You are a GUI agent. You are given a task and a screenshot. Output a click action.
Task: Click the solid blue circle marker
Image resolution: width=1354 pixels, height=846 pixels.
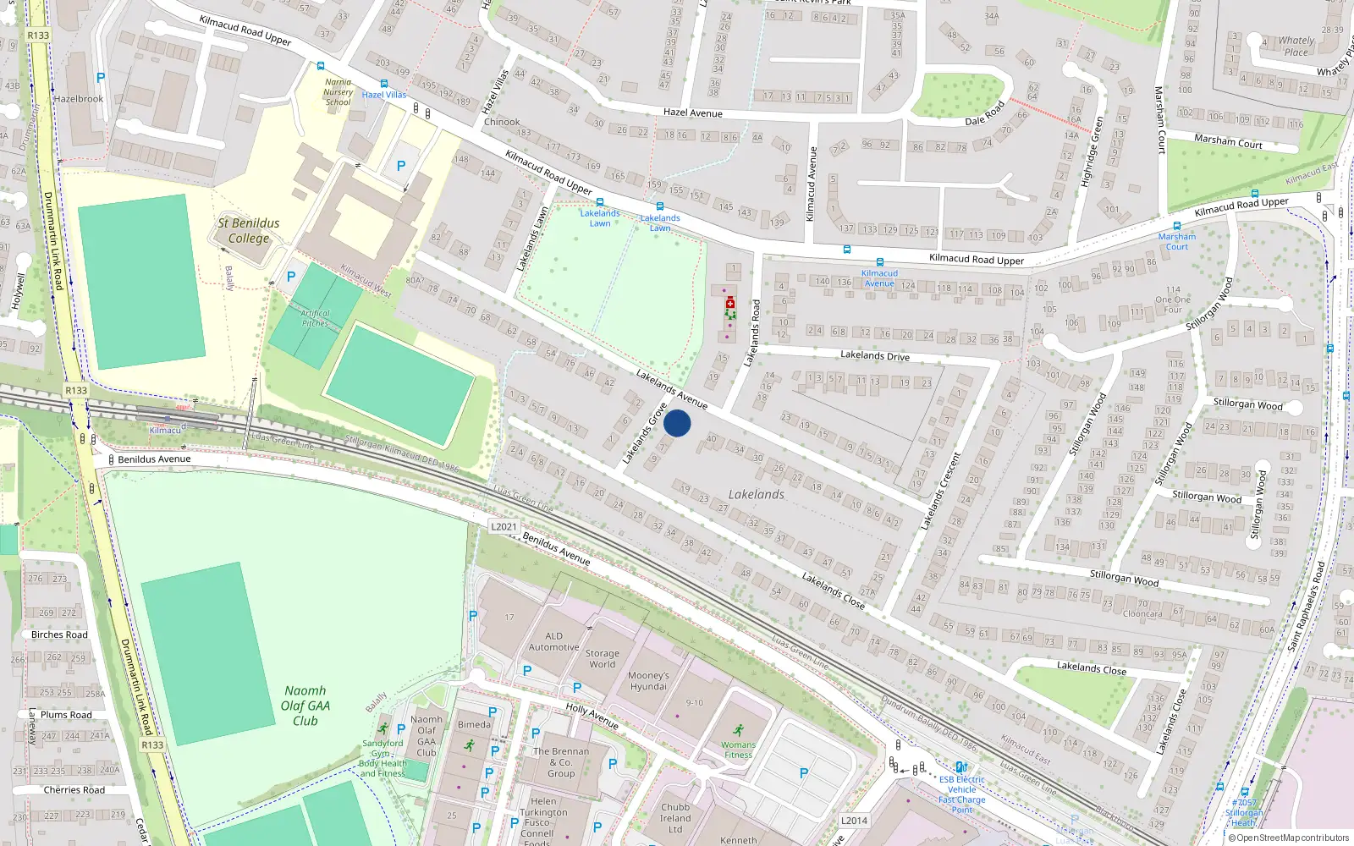(x=677, y=423)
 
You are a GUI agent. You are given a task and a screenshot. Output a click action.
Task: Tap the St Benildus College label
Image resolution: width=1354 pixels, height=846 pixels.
(x=248, y=230)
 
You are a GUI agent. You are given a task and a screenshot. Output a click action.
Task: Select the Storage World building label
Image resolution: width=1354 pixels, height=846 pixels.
(x=602, y=658)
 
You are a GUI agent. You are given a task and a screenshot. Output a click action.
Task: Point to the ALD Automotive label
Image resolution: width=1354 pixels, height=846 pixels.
(x=553, y=641)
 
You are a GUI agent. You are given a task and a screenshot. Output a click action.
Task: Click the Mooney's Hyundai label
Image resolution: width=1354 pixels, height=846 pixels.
(x=648, y=681)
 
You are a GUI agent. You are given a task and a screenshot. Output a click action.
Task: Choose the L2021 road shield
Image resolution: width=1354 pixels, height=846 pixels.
(x=504, y=526)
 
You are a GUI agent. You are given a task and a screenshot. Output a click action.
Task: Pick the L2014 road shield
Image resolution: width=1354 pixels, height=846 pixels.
(x=854, y=820)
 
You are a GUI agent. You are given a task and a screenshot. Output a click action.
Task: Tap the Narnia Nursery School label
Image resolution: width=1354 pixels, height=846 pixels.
(x=338, y=92)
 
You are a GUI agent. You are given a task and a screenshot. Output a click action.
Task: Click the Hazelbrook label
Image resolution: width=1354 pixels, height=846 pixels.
(x=78, y=99)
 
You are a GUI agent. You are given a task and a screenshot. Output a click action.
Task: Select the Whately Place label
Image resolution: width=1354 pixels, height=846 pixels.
(x=1296, y=46)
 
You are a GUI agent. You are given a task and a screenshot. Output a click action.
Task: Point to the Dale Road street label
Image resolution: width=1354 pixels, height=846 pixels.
(x=984, y=113)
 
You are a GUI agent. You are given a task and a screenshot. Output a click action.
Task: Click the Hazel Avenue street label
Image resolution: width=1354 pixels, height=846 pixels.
(x=692, y=113)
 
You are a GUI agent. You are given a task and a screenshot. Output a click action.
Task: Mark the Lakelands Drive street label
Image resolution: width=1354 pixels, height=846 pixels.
(x=874, y=355)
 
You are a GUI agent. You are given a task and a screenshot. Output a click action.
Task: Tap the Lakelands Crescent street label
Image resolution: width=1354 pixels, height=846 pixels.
(x=941, y=492)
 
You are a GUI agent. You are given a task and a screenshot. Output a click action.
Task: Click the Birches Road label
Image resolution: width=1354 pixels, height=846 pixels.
(x=59, y=634)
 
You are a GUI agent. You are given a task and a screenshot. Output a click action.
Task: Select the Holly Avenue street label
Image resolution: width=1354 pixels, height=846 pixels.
(x=592, y=716)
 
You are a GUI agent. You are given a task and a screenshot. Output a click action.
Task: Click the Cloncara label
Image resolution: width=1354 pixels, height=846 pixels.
(x=1142, y=613)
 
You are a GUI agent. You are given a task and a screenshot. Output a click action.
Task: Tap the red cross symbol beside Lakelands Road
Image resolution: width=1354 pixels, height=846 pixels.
(x=730, y=303)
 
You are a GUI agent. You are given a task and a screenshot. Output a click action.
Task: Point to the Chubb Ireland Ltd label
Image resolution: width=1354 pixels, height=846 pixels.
(x=675, y=818)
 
